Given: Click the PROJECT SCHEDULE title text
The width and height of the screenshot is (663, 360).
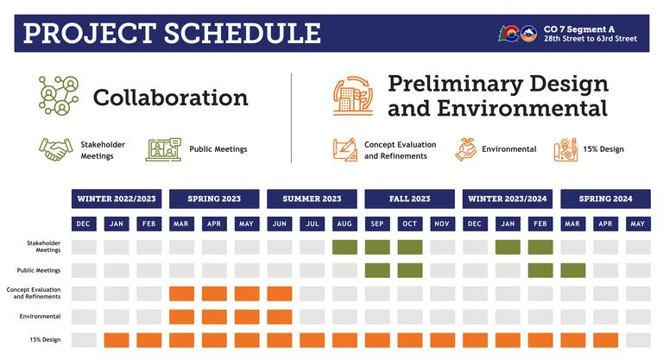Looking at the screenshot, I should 172,33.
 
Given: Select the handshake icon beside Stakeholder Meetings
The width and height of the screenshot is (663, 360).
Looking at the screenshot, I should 55,149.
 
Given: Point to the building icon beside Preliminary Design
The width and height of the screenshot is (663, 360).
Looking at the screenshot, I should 352,96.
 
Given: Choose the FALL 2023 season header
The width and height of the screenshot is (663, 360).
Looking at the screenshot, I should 410,199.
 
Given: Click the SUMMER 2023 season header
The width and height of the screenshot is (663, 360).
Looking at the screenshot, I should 312,199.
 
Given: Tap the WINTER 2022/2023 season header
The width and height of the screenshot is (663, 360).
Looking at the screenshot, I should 116,199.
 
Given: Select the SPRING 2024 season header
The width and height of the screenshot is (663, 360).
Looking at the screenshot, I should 606,199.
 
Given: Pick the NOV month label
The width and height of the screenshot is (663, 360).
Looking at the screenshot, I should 443,224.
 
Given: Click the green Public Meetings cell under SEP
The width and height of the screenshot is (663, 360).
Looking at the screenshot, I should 377,270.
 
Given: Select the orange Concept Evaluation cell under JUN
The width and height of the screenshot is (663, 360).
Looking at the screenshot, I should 280,294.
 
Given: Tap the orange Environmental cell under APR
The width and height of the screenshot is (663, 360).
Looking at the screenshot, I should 214,317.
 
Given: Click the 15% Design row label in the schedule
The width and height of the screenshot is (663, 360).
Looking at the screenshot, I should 45,340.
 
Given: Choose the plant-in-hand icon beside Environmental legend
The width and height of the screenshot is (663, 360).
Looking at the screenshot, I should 465,148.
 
